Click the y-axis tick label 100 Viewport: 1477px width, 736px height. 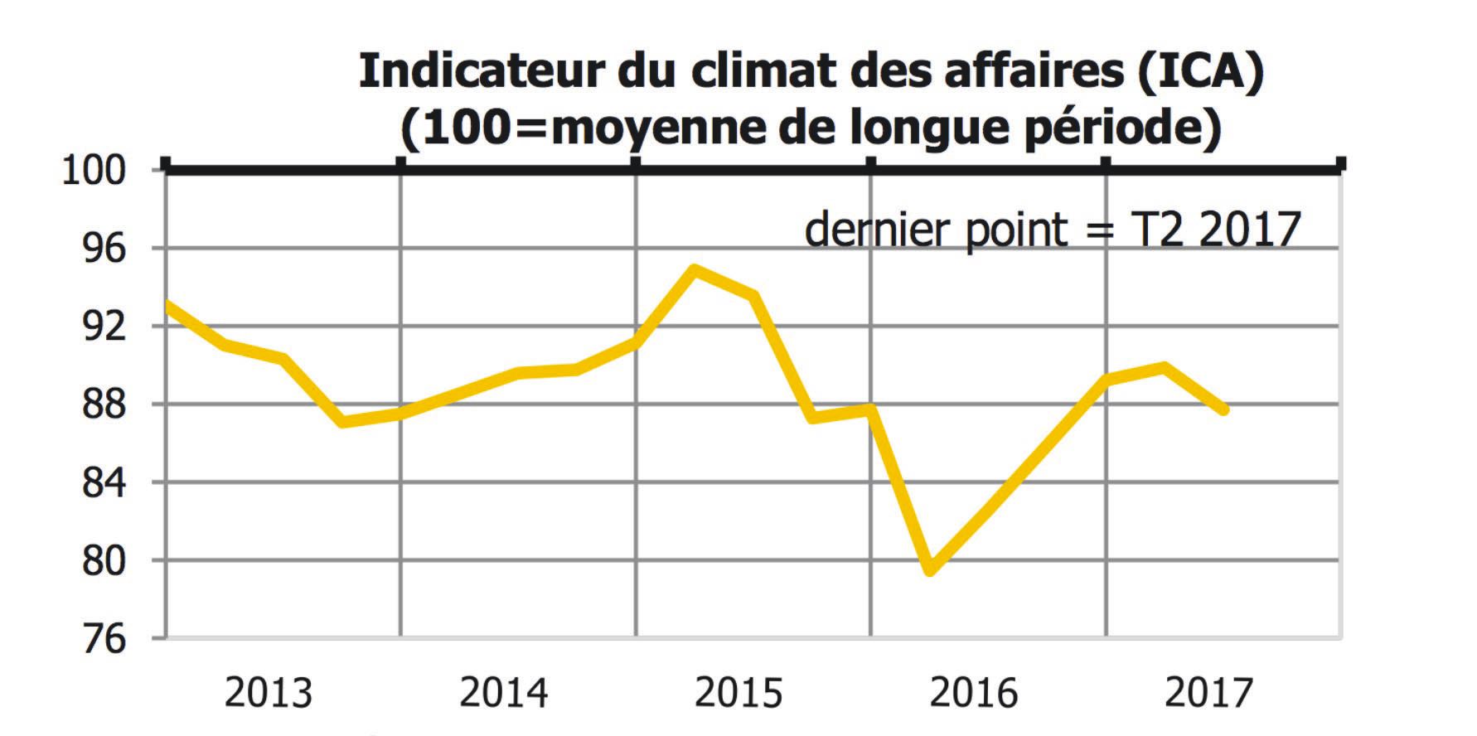[x=94, y=172]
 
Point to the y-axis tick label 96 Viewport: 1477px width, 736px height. [x=104, y=249]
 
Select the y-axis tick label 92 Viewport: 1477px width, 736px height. [x=104, y=327]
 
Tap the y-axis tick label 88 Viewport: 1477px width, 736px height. [x=104, y=404]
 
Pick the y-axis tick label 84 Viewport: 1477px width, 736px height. [x=104, y=482]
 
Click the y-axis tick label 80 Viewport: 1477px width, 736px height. [x=104, y=561]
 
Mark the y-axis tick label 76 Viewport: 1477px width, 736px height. [x=104, y=639]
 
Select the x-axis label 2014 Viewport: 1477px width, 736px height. [x=503, y=693]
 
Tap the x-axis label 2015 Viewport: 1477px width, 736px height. [x=738, y=693]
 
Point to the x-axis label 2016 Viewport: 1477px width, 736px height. [x=973, y=693]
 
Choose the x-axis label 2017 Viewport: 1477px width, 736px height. [x=1208, y=693]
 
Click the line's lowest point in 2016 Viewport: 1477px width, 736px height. [x=930, y=570]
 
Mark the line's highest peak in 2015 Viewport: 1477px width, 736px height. [x=695, y=269]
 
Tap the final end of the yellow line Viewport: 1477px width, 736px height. [x=1224, y=409]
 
